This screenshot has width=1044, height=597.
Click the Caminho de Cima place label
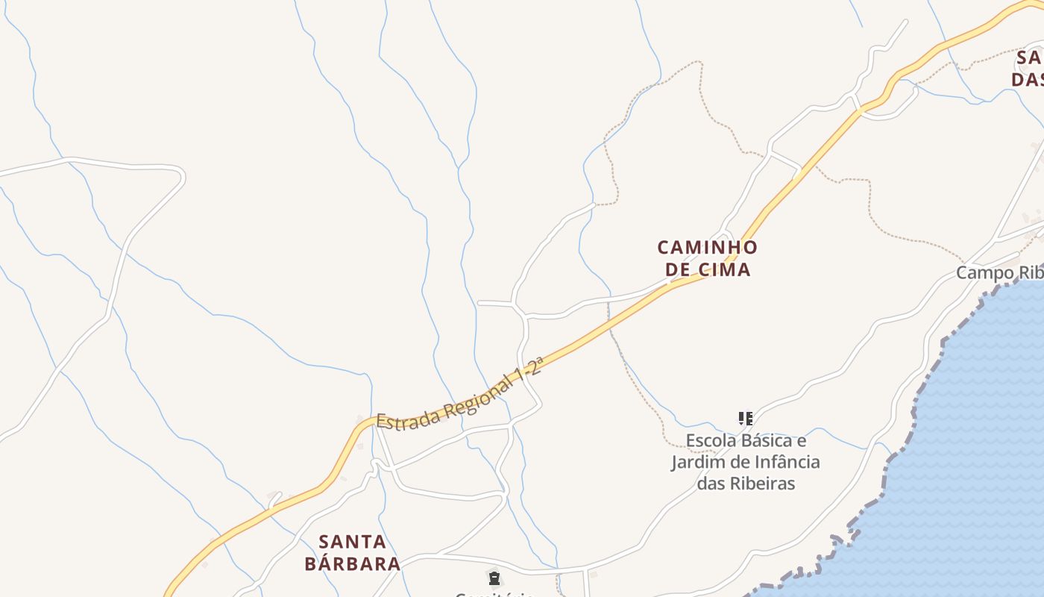[x=707, y=258]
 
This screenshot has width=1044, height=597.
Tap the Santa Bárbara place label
[x=353, y=552]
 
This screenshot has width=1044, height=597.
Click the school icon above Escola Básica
[x=745, y=419]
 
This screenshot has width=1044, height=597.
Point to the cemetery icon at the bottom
[x=494, y=578]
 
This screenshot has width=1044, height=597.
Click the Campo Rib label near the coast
[x=999, y=273]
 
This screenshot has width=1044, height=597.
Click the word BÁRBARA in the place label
[x=353, y=563]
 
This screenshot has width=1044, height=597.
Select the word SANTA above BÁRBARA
[x=353, y=542]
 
